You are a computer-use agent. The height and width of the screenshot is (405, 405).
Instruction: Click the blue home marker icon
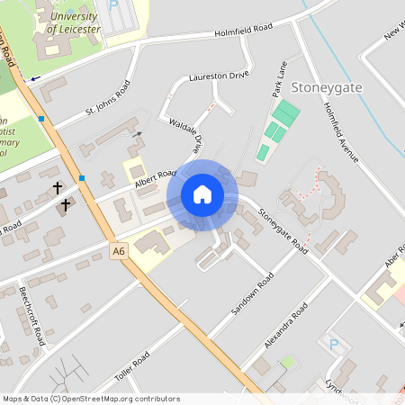[202, 194]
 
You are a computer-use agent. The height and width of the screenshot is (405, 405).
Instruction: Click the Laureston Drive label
[218, 77]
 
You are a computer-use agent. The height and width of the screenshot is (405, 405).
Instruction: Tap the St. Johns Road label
[108, 99]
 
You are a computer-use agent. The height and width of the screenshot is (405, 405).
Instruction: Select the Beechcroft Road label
[32, 316]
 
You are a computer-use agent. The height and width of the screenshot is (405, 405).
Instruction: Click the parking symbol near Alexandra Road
[335, 345]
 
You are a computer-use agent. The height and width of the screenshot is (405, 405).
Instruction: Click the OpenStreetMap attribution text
[91, 399]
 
